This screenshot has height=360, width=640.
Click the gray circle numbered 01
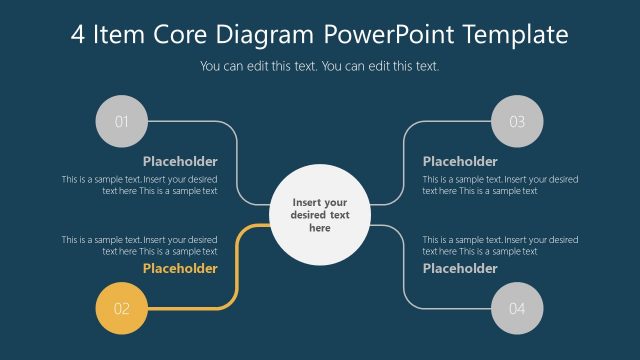pyautogui.click(x=121, y=122)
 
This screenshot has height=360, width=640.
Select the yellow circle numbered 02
pyautogui.click(x=121, y=308)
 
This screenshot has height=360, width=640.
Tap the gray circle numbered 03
pyautogui.click(x=517, y=122)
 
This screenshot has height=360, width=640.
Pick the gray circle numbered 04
pyautogui.click(x=517, y=308)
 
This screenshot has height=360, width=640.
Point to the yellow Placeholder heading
pyautogui.click(x=180, y=268)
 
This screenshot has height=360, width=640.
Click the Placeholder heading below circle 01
pyautogui.click(x=180, y=161)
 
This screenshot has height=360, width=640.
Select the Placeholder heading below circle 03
pyautogui.click(x=460, y=161)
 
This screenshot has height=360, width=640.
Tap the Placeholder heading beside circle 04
pyautogui.click(x=460, y=268)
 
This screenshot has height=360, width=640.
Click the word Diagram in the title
pyautogui.click(x=269, y=35)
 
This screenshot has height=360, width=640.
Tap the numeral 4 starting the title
pyautogui.click(x=78, y=35)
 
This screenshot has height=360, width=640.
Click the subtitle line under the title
pyautogui.click(x=320, y=67)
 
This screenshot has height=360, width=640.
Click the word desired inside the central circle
pyautogui.click(x=310, y=215)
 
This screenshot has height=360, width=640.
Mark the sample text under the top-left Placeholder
pyautogui.click(x=140, y=185)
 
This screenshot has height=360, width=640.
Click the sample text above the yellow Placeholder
pyautogui.click(x=140, y=245)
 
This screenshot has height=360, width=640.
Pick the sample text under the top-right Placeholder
pyautogui.click(x=500, y=185)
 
